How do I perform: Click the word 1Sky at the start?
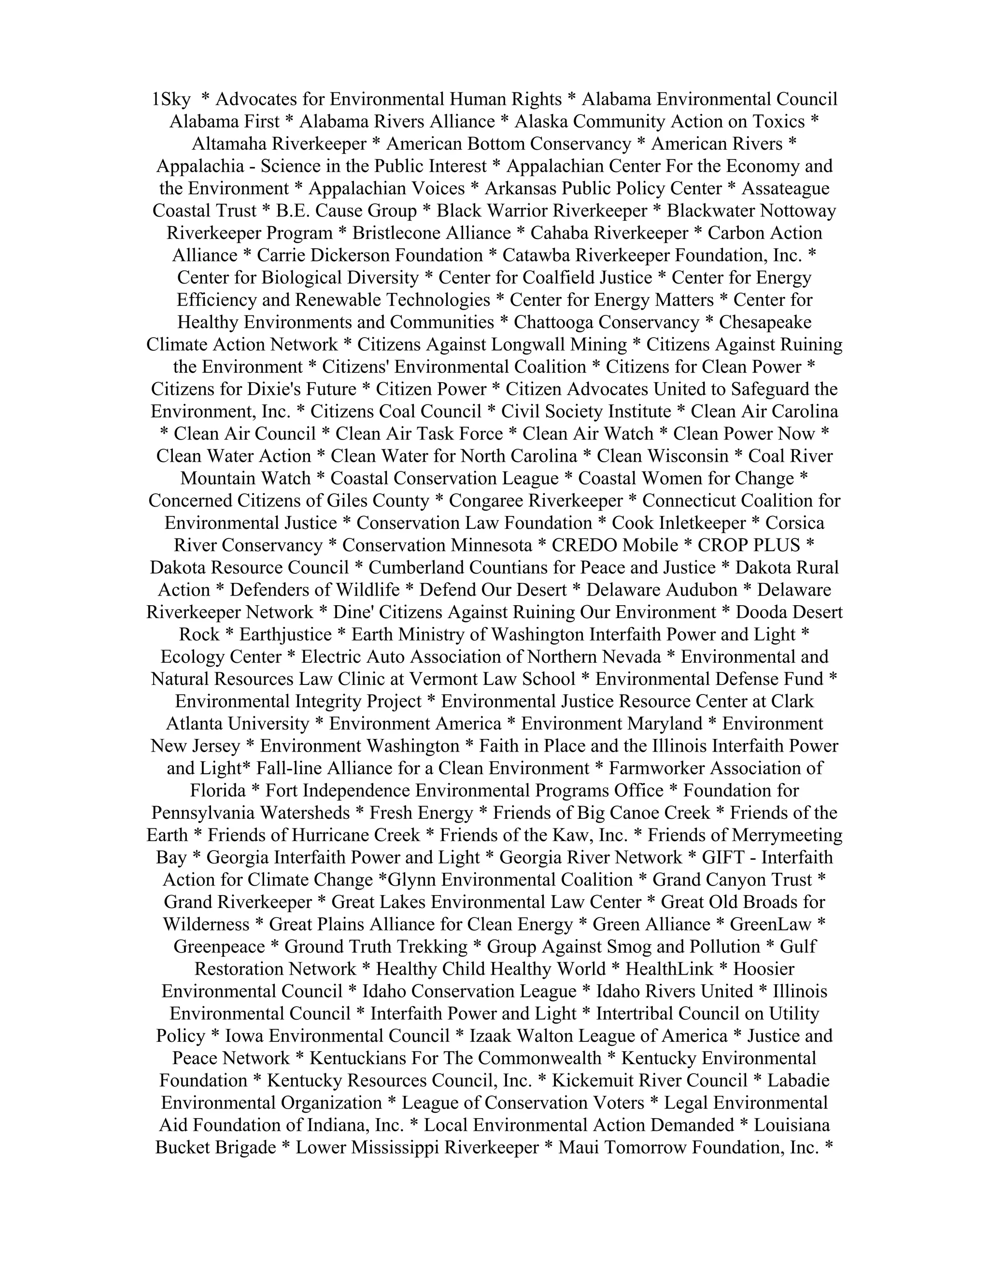click(x=170, y=100)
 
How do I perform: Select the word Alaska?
click(x=539, y=122)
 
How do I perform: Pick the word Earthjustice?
click(x=285, y=634)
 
